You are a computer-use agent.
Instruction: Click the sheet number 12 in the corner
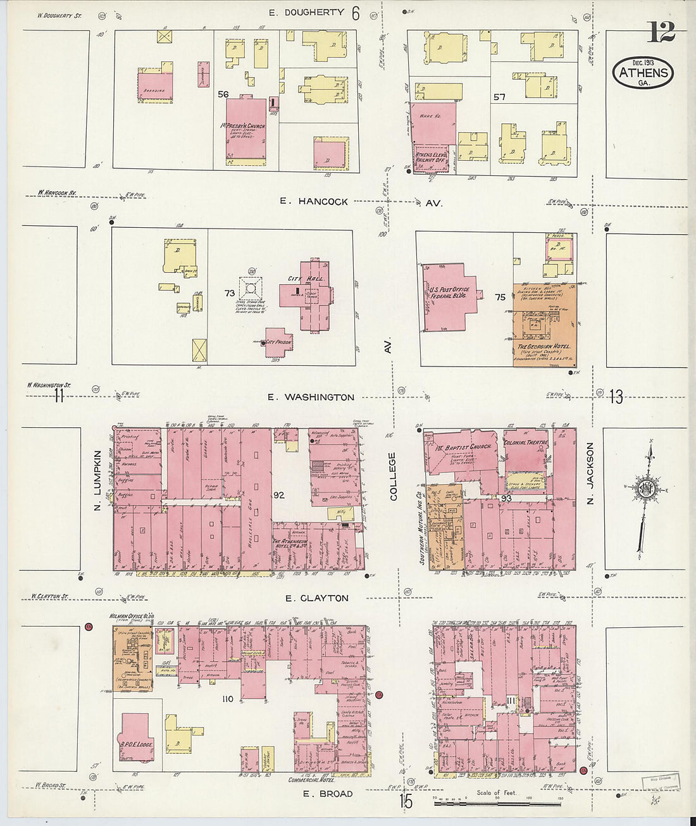pyautogui.click(x=661, y=31)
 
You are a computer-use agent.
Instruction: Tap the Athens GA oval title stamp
pyautogui.click(x=642, y=73)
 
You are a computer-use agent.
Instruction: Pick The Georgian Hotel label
pyautogui.click(x=544, y=347)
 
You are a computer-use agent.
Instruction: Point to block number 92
pyautogui.click(x=279, y=495)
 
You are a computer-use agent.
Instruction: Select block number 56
pyautogui.click(x=223, y=94)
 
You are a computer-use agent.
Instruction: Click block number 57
pyautogui.click(x=499, y=97)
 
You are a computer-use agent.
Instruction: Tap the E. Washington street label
pyautogui.click(x=310, y=397)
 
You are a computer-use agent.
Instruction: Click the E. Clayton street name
pyautogui.click(x=316, y=598)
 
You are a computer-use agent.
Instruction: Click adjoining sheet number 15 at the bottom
pyautogui.click(x=406, y=801)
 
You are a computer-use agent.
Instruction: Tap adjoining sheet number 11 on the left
pyautogui.click(x=59, y=396)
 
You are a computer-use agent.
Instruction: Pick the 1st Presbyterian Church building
pyautogui.click(x=246, y=130)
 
